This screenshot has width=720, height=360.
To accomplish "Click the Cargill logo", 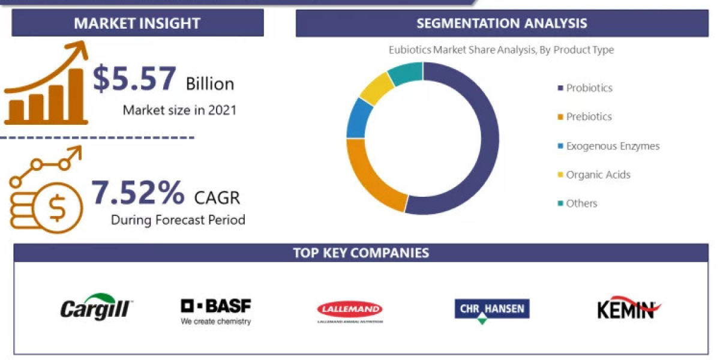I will point(96,307).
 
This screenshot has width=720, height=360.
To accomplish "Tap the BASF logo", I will point(216,311).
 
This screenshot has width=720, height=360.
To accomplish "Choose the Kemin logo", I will point(628,308).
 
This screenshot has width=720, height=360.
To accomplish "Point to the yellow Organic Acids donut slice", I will point(376,89).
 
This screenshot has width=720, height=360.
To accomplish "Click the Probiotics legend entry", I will point(585,88).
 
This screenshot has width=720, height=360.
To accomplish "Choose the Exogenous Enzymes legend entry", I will point(608,146).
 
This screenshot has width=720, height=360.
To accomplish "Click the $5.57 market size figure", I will point(134,79).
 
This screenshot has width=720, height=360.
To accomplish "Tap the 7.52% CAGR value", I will point(138,193).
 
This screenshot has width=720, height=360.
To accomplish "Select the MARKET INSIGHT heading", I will point(137,23).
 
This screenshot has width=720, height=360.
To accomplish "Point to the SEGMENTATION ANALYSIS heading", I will point(502,23).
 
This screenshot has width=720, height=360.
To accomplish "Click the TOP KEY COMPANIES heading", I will point(361,253).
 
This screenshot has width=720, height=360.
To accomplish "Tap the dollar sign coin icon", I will point(58,208).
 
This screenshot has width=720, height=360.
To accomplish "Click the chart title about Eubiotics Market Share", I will point(501,50).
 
